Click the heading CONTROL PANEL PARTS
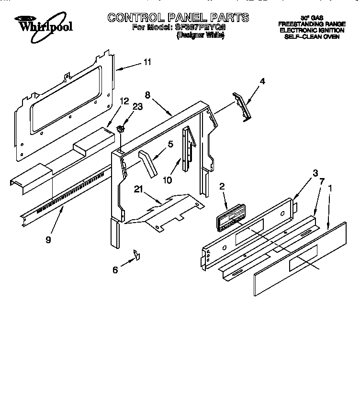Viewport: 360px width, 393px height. (x=178, y=18)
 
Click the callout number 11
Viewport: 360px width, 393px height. (x=147, y=62)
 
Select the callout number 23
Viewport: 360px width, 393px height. (x=138, y=107)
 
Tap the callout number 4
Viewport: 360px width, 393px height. (x=262, y=81)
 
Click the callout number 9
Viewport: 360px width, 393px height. (x=48, y=240)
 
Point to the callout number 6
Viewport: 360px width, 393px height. (x=115, y=270)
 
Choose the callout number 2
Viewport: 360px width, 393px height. (x=222, y=187)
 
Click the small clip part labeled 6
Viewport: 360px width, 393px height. (x=136, y=255)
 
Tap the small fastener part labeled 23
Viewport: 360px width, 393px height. (x=121, y=129)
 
